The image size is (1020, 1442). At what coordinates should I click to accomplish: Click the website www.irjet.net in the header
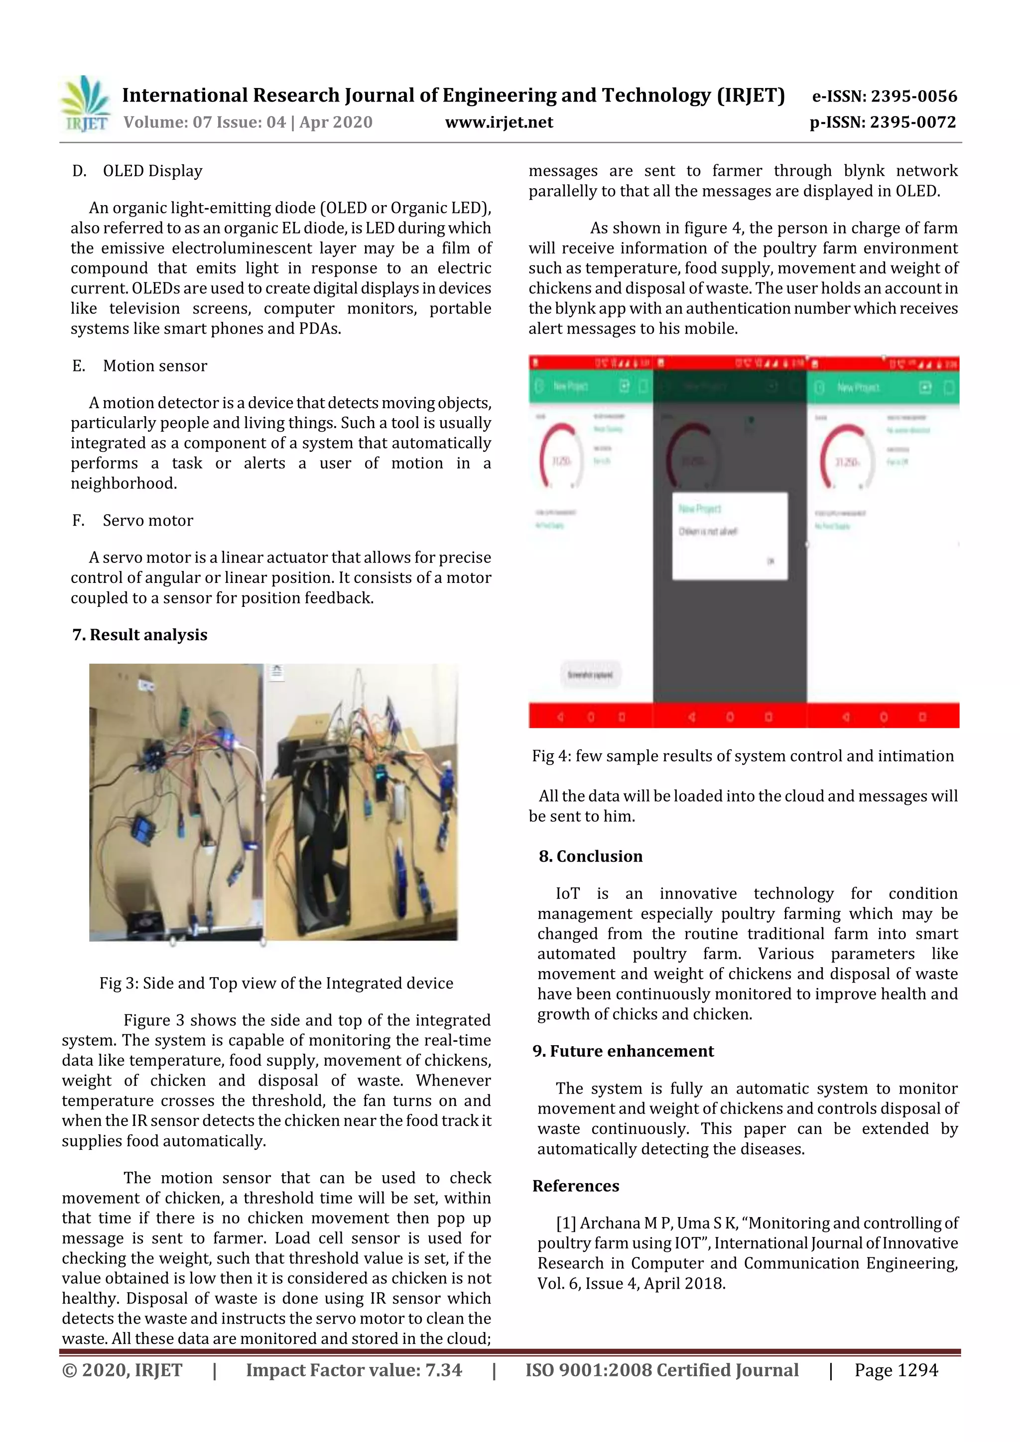[499, 122]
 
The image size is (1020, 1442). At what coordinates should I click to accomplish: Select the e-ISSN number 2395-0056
[914, 97]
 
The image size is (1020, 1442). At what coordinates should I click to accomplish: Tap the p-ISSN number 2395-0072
[913, 122]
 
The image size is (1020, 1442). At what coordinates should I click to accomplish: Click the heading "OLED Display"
[152, 171]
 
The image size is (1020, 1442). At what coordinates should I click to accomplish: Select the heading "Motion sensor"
[154, 366]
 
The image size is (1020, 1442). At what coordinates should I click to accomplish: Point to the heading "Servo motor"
[148, 521]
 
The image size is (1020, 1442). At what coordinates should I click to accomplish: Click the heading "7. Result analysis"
[139, 635]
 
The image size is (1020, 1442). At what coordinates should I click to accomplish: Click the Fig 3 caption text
[276, 984]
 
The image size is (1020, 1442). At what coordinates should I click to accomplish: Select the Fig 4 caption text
[743, 756]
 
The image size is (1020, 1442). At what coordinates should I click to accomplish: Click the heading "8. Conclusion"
[591, 857]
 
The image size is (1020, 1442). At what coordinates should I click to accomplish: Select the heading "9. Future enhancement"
[623, 1051]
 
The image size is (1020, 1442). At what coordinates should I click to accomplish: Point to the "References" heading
[576, 1186]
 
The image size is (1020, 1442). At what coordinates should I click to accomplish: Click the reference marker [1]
[566, 1223]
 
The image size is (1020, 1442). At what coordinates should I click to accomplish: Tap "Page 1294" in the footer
[895, 1370]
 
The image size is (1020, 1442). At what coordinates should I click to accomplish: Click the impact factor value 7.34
[443, 1370]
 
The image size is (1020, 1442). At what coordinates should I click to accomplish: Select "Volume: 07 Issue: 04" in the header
[204, 122]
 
